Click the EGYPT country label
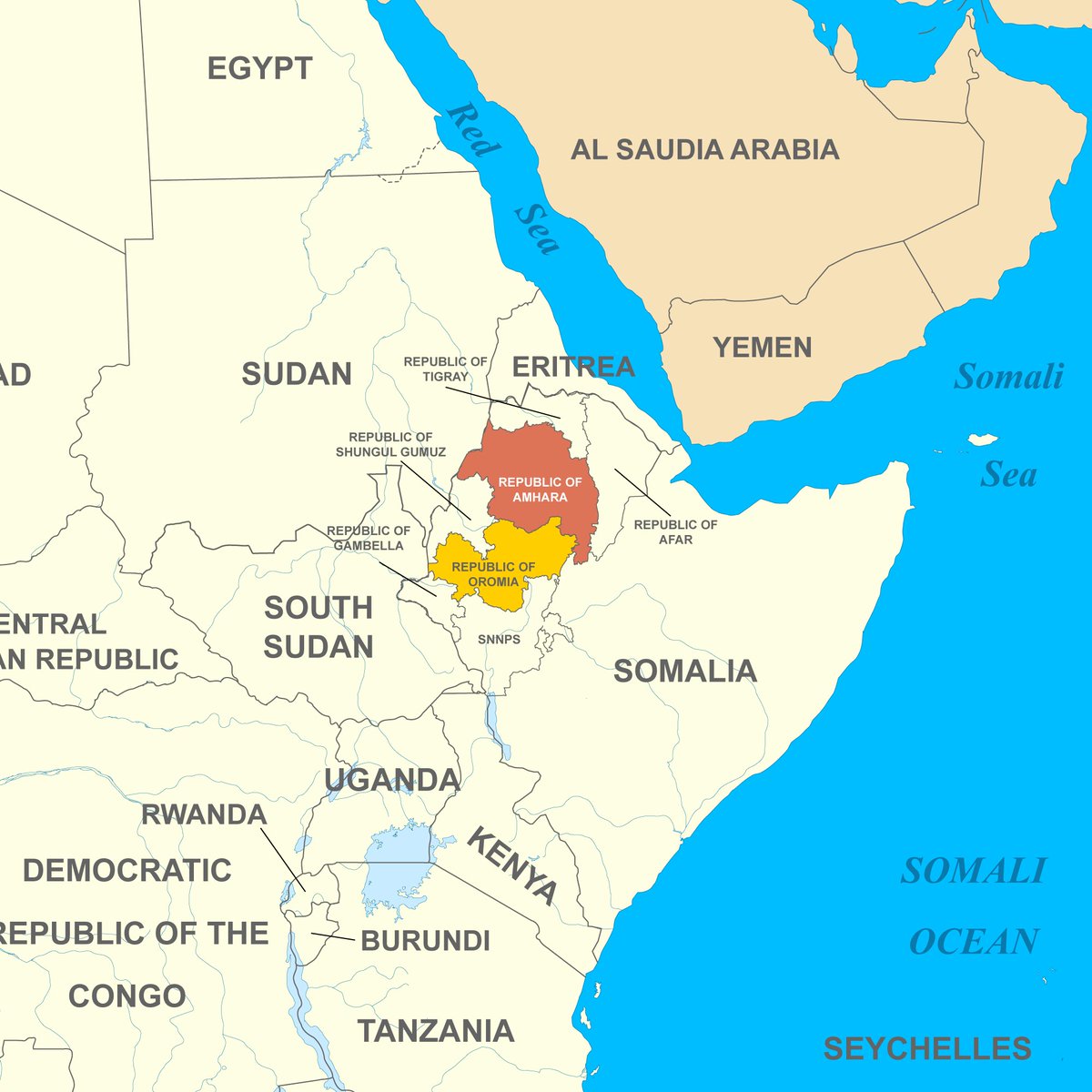(x=259, y=69)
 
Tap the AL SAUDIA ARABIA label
(x=704, y=150)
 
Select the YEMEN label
(x=762, y=348)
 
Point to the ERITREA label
(x=573, y=367)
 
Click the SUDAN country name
(x=297, y=374)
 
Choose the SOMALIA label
(x=684, y=672)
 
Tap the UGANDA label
(x=392, y=780)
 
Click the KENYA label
(x=511, y=865)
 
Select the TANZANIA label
(x=436, y=1031)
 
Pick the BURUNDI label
(x=426, y=940)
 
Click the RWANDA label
(x=204, y=814)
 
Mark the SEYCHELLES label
(x=927, y=1048)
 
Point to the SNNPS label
(x=500, y=640)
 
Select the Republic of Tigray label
(x=445, y=369)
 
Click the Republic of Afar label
(x=675, y=532)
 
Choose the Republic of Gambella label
(x=369, y=538)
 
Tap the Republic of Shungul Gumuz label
(x=390, y=445)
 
